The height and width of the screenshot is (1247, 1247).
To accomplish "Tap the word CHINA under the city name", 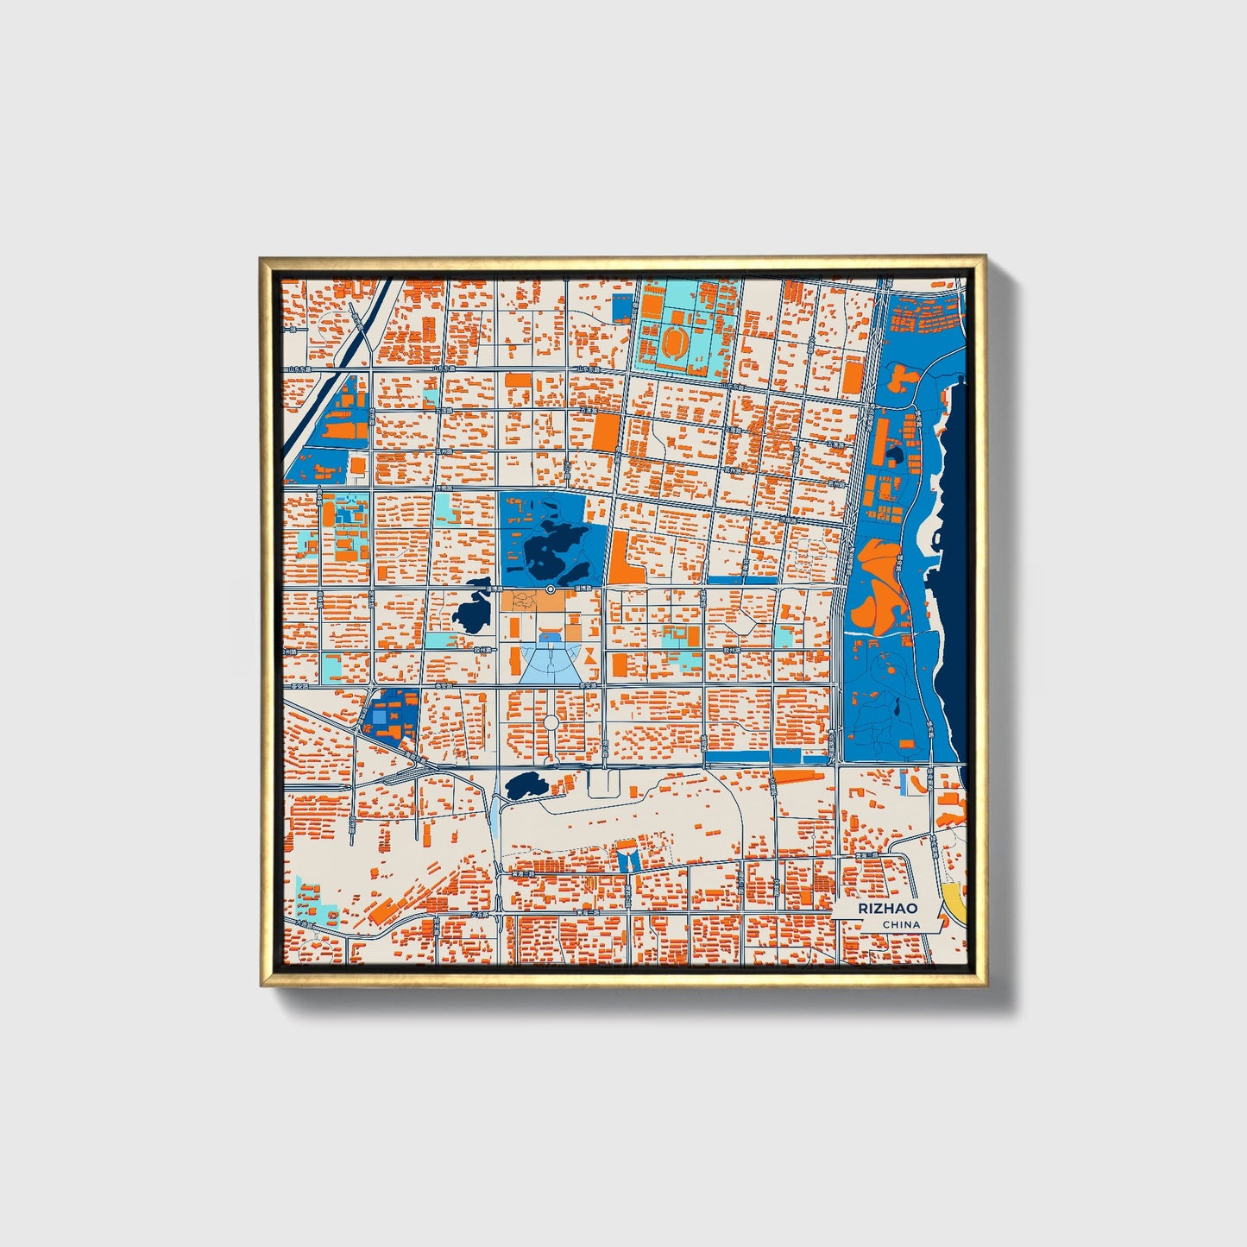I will tap(901, 924).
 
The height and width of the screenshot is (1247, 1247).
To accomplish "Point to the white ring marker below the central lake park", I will tap(551, 589).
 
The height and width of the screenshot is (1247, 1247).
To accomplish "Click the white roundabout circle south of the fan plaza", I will tap(551, 721).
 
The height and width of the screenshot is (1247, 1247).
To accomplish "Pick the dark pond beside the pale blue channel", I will tap(523, 785).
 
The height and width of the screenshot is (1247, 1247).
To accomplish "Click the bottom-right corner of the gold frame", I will tap(983, 984).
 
